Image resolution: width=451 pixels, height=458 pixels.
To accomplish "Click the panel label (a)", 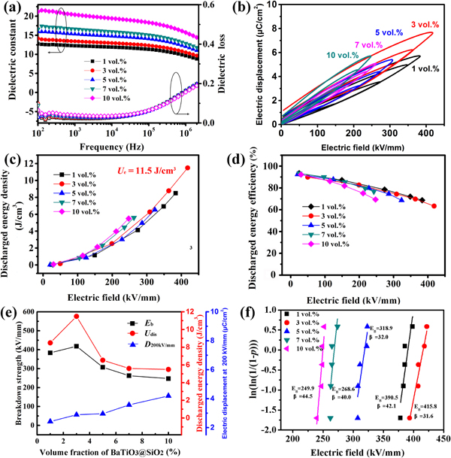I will click(11, 10).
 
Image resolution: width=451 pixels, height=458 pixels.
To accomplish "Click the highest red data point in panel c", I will click(187, 168).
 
